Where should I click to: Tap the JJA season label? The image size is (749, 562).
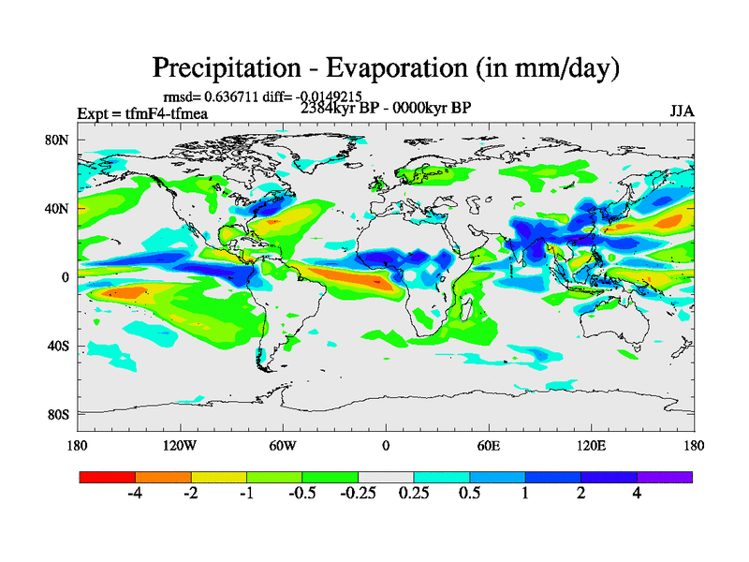[682, 111]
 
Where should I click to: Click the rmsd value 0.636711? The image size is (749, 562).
[228, 96]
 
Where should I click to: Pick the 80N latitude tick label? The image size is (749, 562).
[58, 140]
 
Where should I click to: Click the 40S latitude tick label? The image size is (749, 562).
[58, 346]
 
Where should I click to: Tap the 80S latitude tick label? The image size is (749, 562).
[58, 414]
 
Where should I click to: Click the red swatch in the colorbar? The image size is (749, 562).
[108, 477]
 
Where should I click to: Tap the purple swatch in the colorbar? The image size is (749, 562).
[665, 477]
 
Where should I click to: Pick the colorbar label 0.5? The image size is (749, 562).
[469, 494]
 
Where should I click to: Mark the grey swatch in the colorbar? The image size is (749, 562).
[386, 477]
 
